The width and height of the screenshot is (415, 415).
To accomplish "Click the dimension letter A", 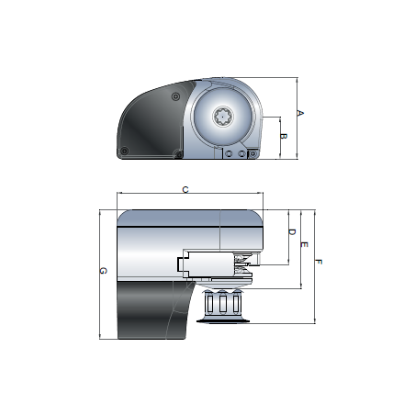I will [300, 113].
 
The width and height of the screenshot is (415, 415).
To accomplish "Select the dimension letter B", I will [284, 137].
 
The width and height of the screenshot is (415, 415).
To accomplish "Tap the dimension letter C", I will [186, 189].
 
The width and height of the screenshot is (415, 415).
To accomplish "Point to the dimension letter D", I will [291, 233].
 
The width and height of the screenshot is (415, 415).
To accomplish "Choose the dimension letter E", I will [304, 245].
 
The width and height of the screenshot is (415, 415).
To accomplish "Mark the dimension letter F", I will [318, 263].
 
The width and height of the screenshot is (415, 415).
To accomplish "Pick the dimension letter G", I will [103, 271].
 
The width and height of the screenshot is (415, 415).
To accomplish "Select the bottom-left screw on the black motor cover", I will [123, 151].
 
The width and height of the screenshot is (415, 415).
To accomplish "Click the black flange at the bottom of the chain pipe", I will [221, 319].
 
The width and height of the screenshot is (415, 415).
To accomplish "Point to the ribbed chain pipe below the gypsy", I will [221, 300].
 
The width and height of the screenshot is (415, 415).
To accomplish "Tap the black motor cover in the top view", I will [147, 124].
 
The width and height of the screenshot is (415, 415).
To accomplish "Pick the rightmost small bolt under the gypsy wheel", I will [242, 155].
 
